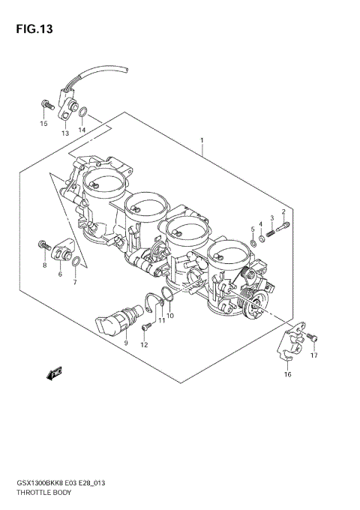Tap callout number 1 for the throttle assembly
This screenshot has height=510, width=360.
point(202,140)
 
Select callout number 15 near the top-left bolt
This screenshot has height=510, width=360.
point(43,123)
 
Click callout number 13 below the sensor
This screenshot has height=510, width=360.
point(64,133)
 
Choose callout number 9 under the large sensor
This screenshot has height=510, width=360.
point(126,343)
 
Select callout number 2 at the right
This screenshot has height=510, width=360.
point(283,211)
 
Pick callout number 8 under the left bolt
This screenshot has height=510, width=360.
point(44,265)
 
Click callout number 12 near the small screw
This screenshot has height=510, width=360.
point(144,345)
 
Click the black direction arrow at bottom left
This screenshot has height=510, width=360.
point(54,373)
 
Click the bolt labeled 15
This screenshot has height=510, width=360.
point(44,104)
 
